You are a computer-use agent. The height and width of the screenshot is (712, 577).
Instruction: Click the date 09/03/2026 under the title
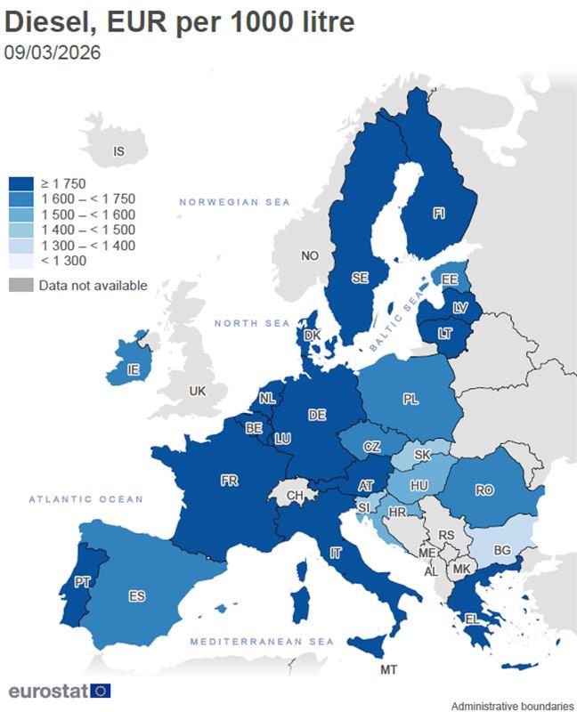tap(53, 53)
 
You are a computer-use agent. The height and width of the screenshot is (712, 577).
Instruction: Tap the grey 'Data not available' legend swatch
tap(21, 286)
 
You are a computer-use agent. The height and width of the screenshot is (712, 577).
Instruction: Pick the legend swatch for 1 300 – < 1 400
tap(21, 245)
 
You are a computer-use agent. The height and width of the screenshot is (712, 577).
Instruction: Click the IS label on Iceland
tap(118, 151)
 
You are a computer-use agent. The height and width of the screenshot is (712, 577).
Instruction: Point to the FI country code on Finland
tap(439, 214)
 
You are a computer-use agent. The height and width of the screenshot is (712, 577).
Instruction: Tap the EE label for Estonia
tap(449, 279)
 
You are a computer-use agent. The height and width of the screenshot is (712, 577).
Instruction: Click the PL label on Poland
tap(410, 400)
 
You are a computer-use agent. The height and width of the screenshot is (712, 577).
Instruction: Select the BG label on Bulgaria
tap(502, 551)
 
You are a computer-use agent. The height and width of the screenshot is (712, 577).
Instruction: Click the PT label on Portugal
tap(82, 581)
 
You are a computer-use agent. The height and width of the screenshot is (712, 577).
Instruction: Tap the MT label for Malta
tap(388, 669)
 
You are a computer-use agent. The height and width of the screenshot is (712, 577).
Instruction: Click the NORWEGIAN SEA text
tap(235, 203)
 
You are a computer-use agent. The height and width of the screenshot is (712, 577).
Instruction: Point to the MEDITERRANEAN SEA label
tap(263, 642)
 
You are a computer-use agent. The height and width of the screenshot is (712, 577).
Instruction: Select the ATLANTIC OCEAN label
tap(85, 499)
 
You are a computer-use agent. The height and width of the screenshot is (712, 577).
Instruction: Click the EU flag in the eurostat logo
tap(100, 691)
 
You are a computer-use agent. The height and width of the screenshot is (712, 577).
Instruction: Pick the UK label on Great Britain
tap(197, 391)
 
